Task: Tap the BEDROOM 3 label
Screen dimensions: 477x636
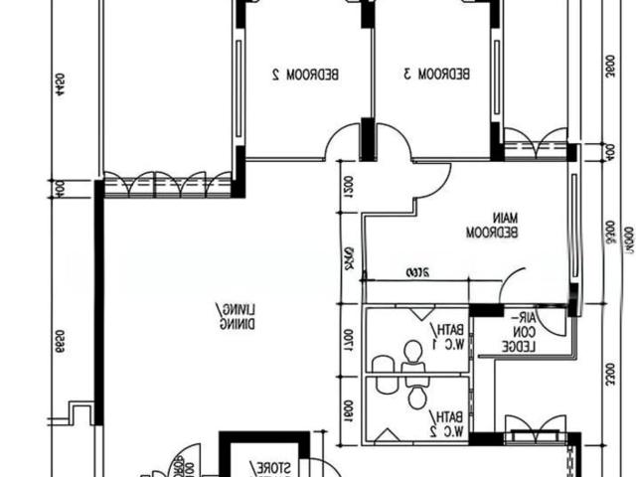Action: click(x=436, y=74)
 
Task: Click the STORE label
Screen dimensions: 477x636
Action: click(x=270, y=466)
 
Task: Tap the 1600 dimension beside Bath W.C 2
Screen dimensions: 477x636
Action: click(x=350, y=409)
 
